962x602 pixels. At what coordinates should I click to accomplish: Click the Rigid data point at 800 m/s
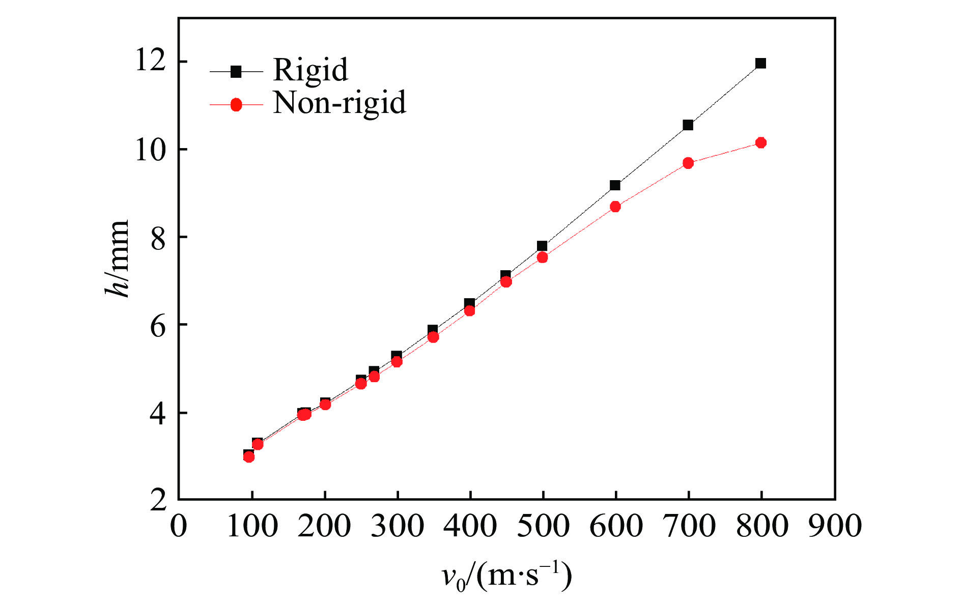tap(760, 64)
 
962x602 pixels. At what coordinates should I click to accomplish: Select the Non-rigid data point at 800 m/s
tap(760, 142)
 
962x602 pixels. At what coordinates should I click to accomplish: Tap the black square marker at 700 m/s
tap(688, 125)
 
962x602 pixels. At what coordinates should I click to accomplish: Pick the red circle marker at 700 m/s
tap(688, 163)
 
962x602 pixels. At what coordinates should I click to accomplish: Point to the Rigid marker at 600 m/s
tap(615, 185)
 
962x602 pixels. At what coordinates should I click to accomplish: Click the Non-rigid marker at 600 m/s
tap(615, 207)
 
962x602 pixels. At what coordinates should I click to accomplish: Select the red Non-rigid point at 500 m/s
tap(542, 257)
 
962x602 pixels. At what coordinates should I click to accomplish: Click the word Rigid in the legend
tap(310, 70)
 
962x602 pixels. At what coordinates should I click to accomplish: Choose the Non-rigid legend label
tap(339, 103)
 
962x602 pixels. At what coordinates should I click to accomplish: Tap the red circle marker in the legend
tap(236, 105)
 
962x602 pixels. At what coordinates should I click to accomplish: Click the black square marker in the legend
tap(236, 72)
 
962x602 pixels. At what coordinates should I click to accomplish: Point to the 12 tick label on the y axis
tap(151, 62)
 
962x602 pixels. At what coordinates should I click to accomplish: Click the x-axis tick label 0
tap(179, 526)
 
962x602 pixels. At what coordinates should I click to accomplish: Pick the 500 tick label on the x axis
tap(543, 526)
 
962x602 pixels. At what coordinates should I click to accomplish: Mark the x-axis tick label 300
tap(397, 526)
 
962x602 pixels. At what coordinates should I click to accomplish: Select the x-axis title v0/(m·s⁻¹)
tap(506, 577)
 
